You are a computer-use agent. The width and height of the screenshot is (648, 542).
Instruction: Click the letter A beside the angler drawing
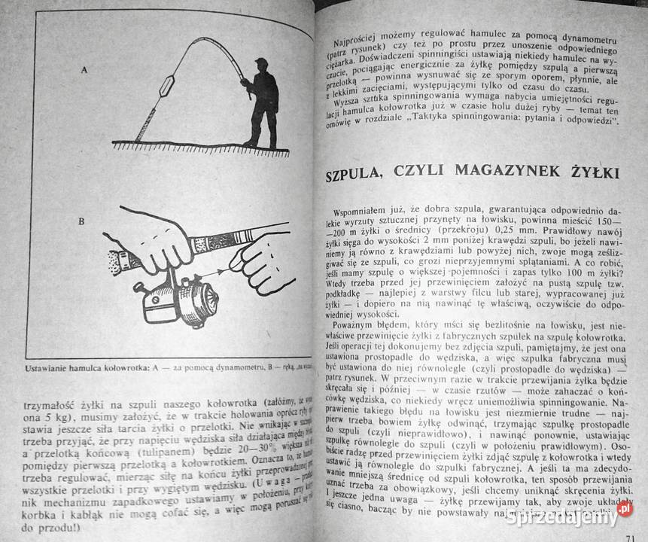coord(84,69)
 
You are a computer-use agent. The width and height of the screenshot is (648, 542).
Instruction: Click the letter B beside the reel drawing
coord(81,223)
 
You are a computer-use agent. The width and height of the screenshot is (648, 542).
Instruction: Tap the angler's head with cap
coord(260,64)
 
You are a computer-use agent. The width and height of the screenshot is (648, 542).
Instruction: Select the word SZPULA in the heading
coord(359,175)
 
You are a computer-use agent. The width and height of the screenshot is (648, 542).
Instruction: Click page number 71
coord(631,537)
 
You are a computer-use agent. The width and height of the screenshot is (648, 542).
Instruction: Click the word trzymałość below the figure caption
coord(41,400)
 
